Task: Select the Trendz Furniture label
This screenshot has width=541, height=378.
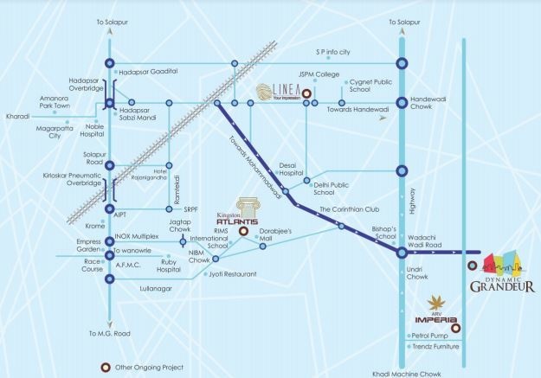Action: [x=435, y=347]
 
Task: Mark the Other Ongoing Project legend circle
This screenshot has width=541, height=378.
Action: [x=106, y=367]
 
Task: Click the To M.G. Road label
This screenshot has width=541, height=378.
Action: [x=109, y=333]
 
